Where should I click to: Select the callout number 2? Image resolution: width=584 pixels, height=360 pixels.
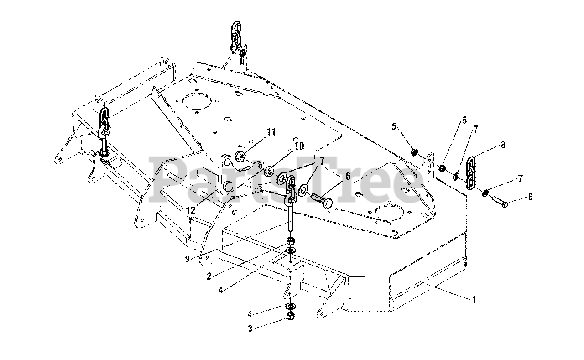pyautogui.click(x=208, y=276)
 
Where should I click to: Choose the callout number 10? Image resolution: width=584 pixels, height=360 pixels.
pyautogui.click(x=299, y=146)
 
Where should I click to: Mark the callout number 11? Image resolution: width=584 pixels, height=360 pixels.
pyautogui.click(x=271, y=132)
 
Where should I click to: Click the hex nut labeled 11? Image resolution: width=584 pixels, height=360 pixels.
pyautogui.click(x=241, y=156)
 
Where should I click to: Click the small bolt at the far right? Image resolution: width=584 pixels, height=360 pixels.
pyautogui.click(x=501, y=203)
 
